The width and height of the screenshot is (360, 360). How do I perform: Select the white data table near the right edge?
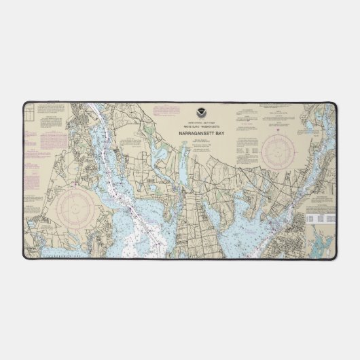(x=319, y=219)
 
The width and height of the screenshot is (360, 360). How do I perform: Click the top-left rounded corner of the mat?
(x=26, y=105)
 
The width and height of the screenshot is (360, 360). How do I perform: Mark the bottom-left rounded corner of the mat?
(x=26, y=256)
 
